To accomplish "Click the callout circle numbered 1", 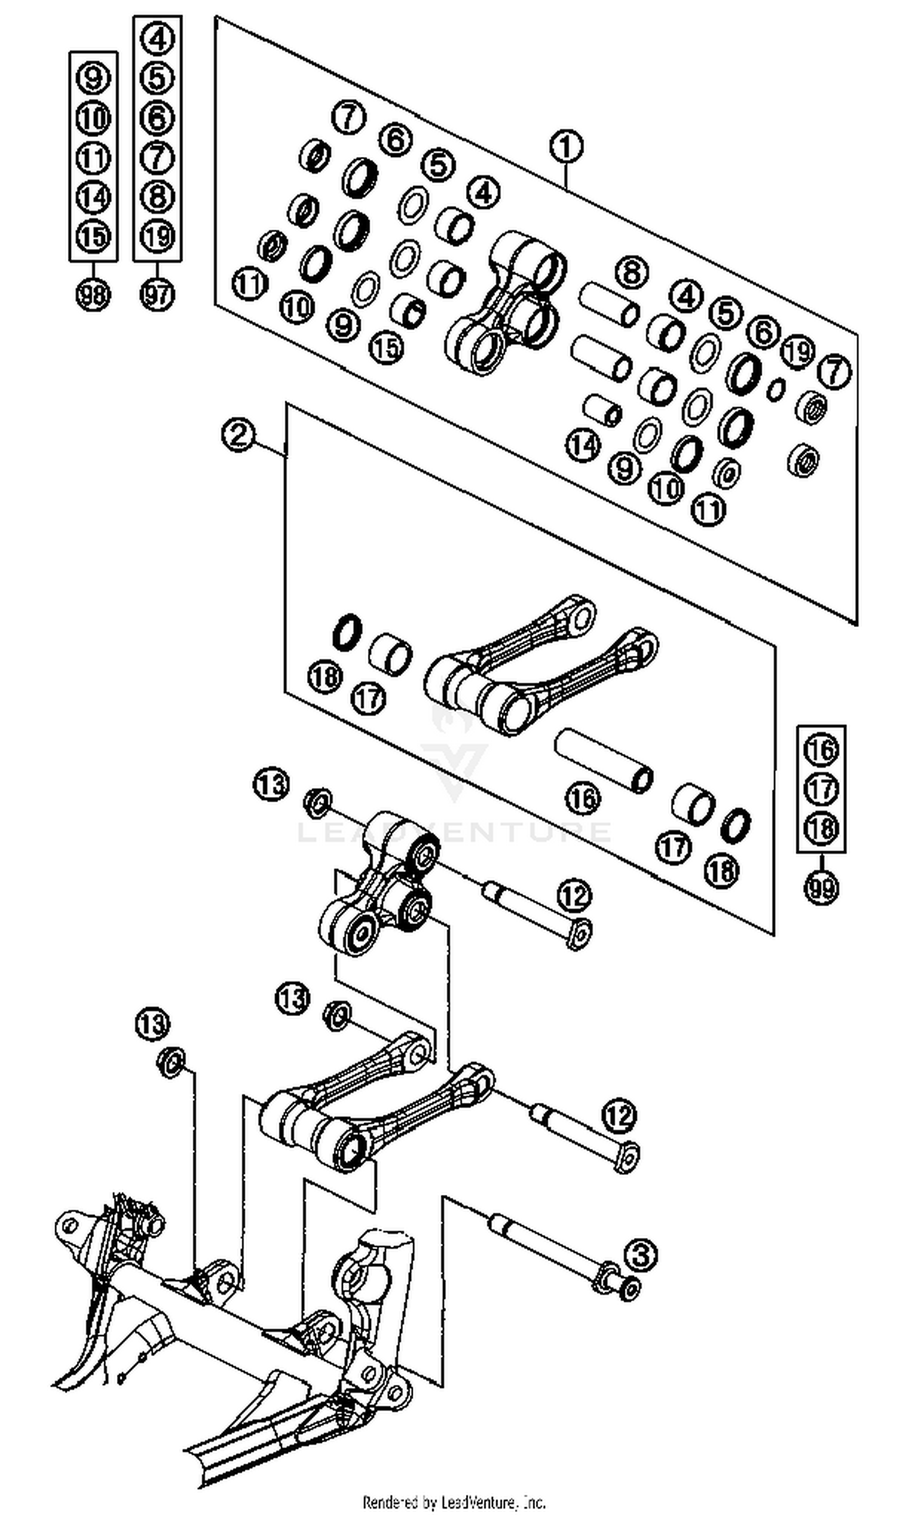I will tap(566, 147).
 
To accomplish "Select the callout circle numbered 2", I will tap(239, 434).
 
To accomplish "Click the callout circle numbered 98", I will tap(93, 296).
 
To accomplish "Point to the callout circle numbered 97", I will tap(158, 296).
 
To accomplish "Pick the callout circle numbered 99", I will tap(821, 887).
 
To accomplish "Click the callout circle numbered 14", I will tap(582, 444).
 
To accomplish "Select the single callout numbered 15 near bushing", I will tap(387, 347).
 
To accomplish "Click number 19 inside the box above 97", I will tap(158, 236).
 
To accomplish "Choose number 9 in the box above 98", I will tap(93, 78).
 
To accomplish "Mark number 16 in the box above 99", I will tap(821, 750).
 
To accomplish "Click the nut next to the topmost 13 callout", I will tap(318, 803).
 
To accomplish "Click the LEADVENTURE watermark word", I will tap(454, 832).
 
